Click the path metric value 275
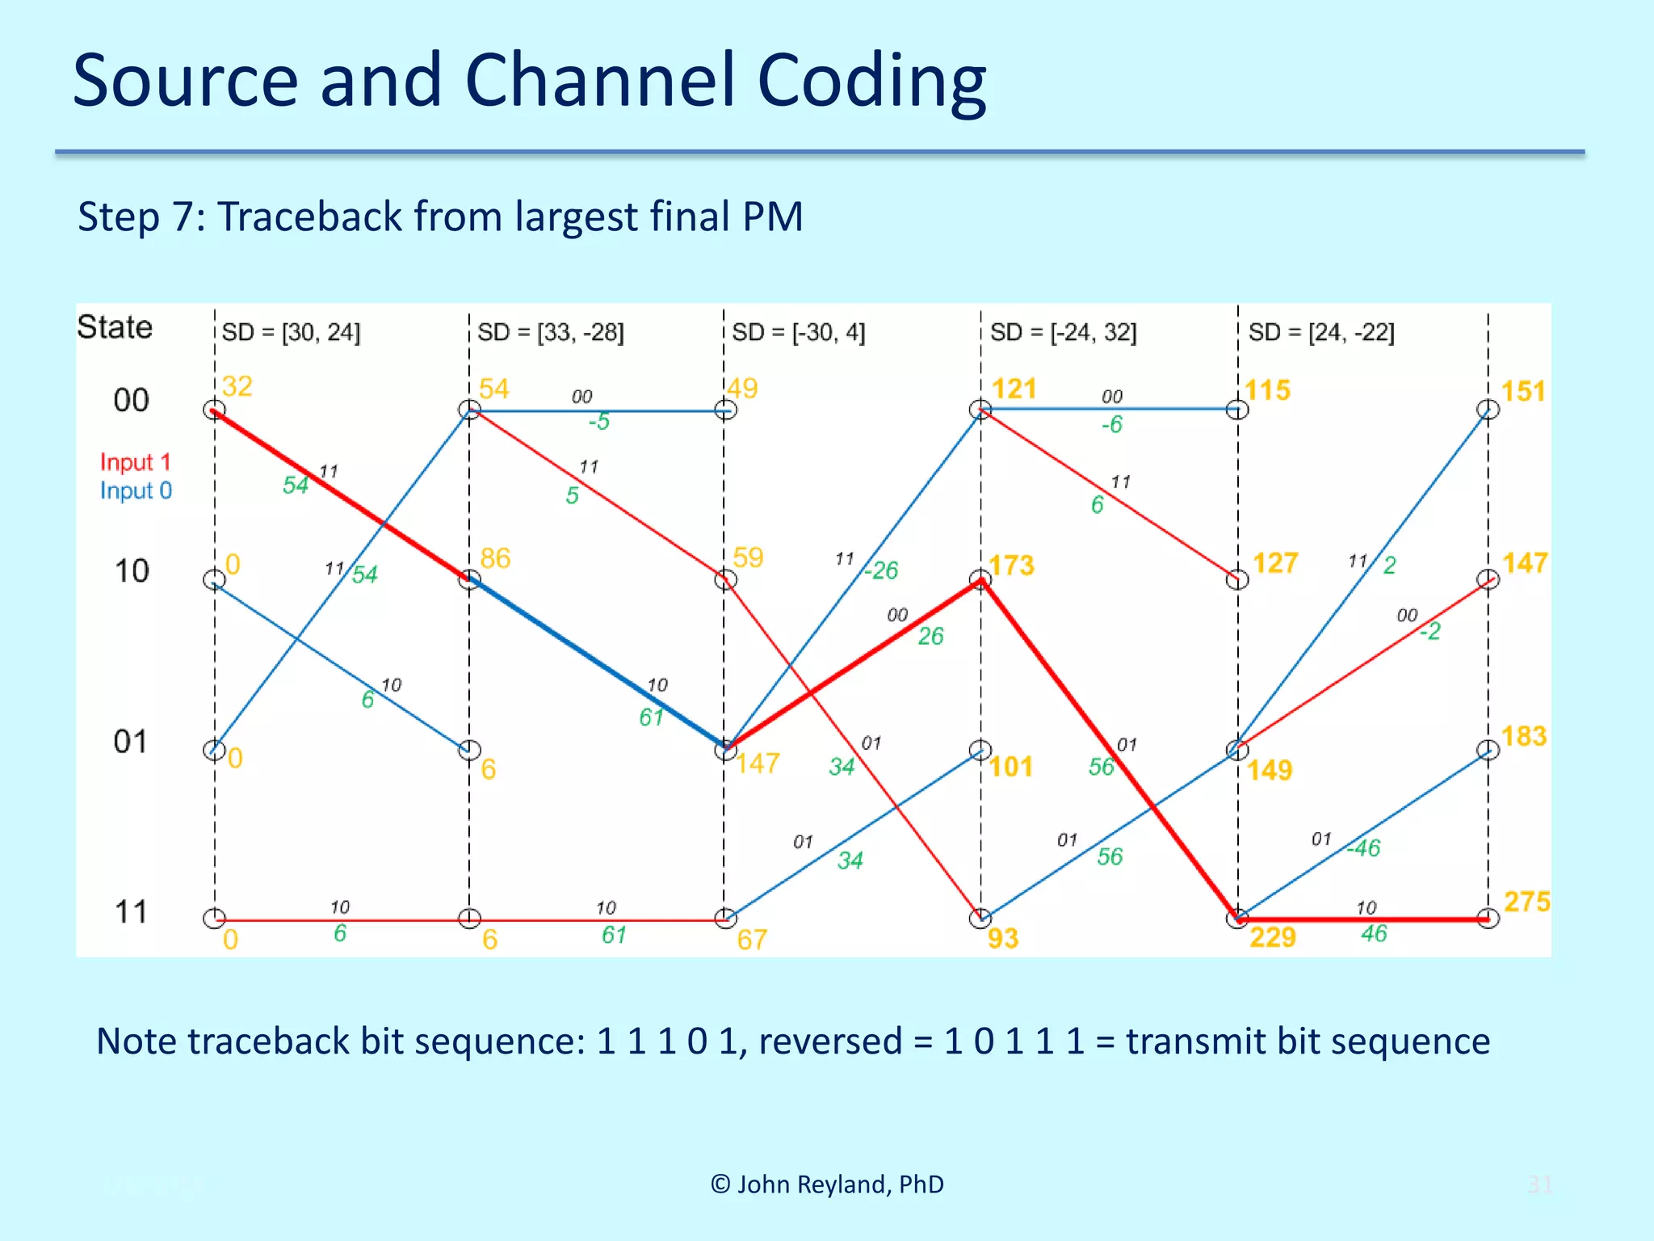[1526, 902]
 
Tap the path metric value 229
[1272, 937]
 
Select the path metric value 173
[1011, 566]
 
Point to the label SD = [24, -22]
[1321, 332]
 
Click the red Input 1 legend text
[135, 462]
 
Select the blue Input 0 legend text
[136, 490]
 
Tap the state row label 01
[131, 742]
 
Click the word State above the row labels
[115, 327]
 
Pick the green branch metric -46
[1364, 848]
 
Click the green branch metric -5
[598, 422]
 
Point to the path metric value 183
[1523, 736]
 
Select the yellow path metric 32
[237, 386]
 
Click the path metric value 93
[1002, 938]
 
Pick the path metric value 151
[1522, 391]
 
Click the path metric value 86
[494, 558]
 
